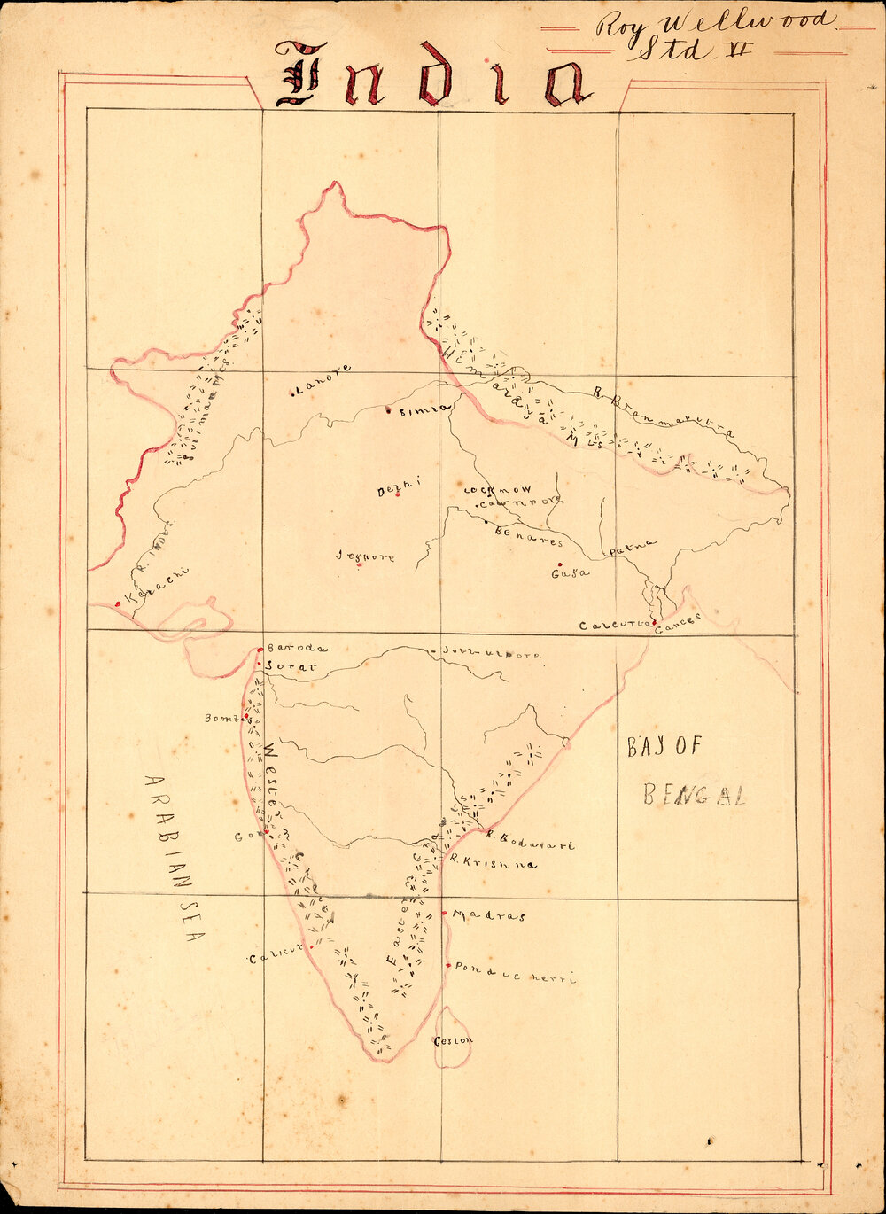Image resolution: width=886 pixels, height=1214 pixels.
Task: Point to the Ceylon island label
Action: [453, 1040]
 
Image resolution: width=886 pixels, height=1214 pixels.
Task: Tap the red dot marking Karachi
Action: [118, 604]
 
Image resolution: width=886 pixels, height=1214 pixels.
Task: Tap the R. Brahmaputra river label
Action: [663, 413]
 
